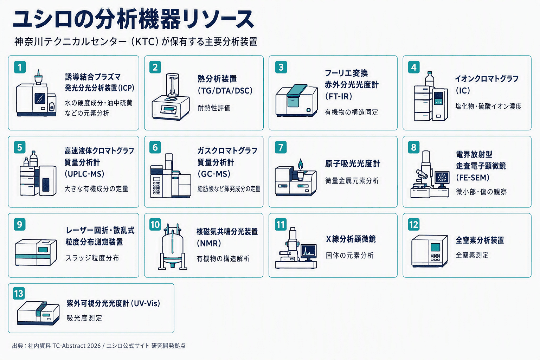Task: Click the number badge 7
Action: [x=281, y=147]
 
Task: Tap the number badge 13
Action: [x=19, y=294]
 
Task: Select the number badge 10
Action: [x=155, y=225]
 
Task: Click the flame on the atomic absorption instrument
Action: [x=300, y=165]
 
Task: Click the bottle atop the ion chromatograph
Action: [x=430, y=79]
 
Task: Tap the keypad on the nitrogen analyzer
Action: [x=435, y=257]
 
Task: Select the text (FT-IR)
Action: [x=339, y=96]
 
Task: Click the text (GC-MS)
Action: [x=214, y=174]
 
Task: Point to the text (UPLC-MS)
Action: [x=84, y=174]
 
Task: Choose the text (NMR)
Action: [x=209, y=243]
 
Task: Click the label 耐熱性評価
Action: [x=214, y=108]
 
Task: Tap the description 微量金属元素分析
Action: [x=352, y=181]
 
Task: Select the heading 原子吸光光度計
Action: [x=353, y=164]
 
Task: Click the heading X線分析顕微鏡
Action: [x=351, y=239]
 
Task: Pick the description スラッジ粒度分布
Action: [x=92, y=258]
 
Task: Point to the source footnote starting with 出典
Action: [x=99, y=346]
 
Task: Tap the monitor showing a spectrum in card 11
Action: [x=309, y=252]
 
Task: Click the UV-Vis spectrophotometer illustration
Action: [x=38, y=313]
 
